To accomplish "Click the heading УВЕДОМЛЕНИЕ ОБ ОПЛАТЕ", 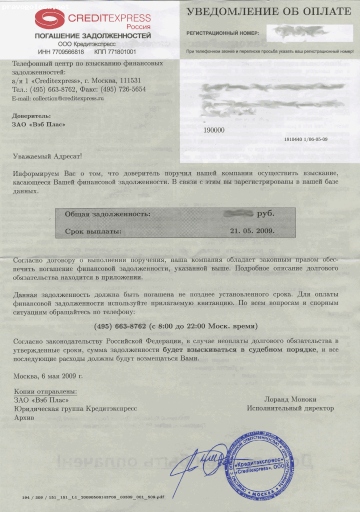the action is (264, 12).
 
